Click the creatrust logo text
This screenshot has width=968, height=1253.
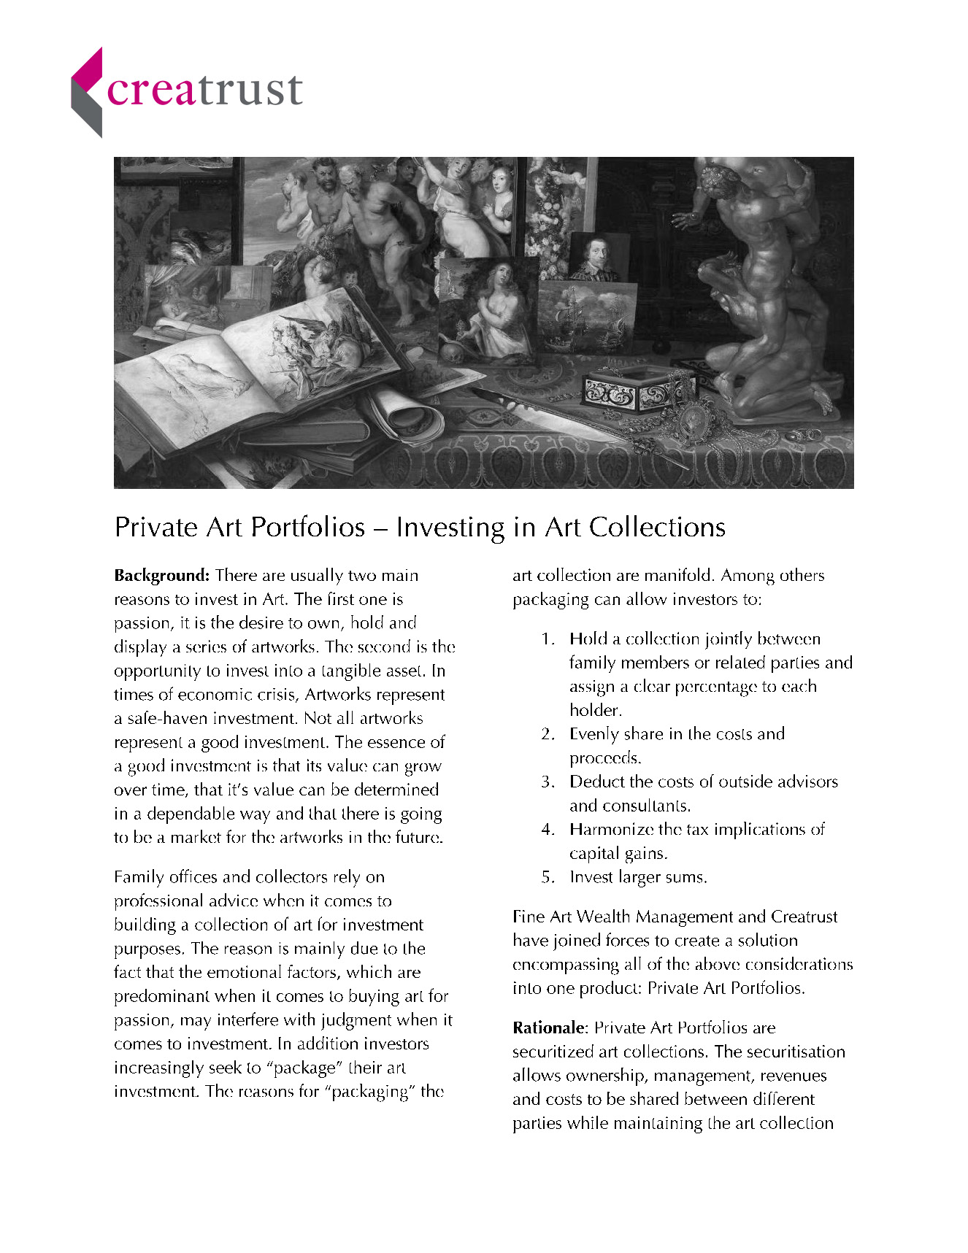tap(204, 91)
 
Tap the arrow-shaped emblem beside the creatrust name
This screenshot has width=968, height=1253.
tap(87, 93)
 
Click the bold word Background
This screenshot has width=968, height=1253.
tap(161, 576)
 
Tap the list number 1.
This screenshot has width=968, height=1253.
tap(548, 639)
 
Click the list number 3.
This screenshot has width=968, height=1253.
tap(548, 782)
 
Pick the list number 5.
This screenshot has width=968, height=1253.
tap(548, 877)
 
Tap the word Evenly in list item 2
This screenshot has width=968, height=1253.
tap(594, 734)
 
